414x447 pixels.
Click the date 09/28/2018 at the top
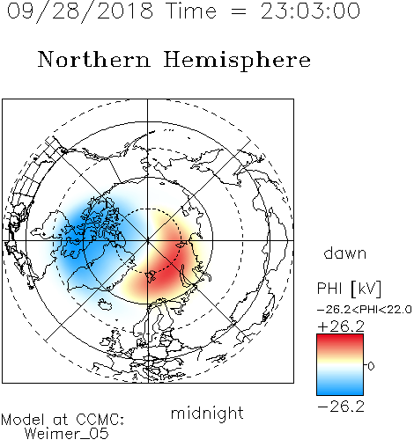pyautogui.click(x=80, y=11)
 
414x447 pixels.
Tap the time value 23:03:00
pyautogui.click(x=310, y=11)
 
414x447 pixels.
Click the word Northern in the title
pyautogui.click(x=94, y=59)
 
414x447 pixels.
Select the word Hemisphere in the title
pyautogui.click(x=237, y=61)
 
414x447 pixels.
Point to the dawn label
pyautogui.click(x=345, y=253)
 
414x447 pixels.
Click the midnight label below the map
pyautogui.click(x=207, y=413)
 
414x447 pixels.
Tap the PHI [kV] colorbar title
pyautogui.click(x=349, y=289)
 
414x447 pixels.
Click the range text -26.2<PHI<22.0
pyautogui.click(x=365, y=310)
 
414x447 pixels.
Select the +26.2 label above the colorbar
pyautogui.click(x=341, y=326)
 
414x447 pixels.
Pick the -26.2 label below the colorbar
pyautogui.click(x=341, y=407)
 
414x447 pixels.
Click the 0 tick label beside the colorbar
pyautogui.click(x=371, y=366)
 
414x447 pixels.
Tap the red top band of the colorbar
pyautogui.click(x=340, y=341)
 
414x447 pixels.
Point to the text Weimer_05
pyautogui.click(x=67, y=434)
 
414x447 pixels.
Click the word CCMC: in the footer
pyautogui.click(x=100, y=420)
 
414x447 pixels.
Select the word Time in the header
pyautogui.click(x=191, y=11)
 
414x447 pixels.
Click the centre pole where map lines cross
pyautogui.click(x=147, y=241)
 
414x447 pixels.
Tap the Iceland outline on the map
pyautogui.click(x=105, y=304)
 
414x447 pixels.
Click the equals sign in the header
pyautogui.click(x=239, y=12)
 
